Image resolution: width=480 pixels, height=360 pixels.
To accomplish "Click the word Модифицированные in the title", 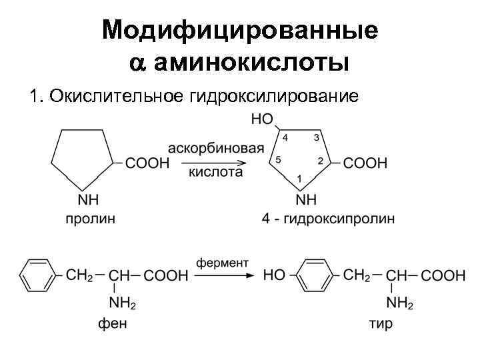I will pos(240,31).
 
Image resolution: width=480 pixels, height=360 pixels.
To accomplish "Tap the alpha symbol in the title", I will pos(137,64).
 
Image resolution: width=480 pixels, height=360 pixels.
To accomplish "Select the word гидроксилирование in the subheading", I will pos(274,97).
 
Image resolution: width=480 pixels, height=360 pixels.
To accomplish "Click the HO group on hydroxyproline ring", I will pos(262,121).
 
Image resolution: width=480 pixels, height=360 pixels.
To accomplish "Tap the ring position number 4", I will pos(285,137).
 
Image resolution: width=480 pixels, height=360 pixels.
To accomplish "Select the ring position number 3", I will pos(316,137).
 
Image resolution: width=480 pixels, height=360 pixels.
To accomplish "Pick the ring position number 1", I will pos(300,179).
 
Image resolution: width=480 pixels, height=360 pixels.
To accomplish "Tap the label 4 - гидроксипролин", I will pos(327,218).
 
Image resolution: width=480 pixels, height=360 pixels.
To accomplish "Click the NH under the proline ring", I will pos(89,200).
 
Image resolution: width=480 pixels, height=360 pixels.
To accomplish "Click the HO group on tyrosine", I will pos(274,275).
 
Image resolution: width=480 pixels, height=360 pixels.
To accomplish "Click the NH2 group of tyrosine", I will pos(400,304).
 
